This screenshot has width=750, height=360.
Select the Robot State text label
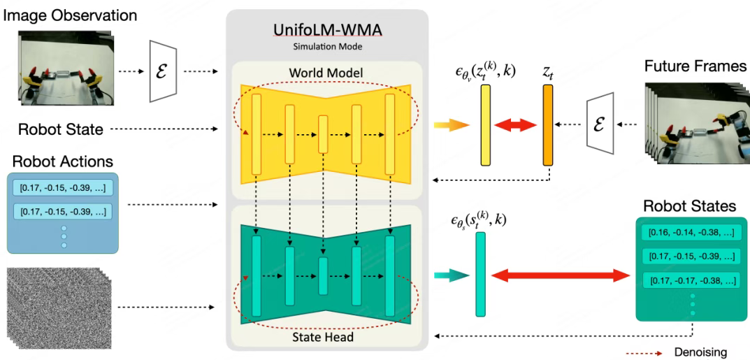pos(61,129)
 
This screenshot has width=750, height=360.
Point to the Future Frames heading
pos(695,66)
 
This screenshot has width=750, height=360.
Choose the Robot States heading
pos(689,206)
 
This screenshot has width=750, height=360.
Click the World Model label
pos(327,73)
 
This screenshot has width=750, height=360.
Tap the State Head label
pos(327,338)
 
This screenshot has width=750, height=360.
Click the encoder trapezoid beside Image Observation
pos(160,71)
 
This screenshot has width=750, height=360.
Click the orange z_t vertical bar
pos(547,124)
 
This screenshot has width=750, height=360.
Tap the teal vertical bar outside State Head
pos(480,274)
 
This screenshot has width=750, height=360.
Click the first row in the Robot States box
pos(692,232)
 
